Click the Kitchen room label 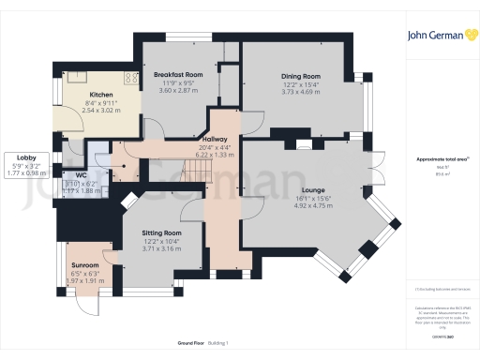click(x=101, y=95)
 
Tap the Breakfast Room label click(x=178, y=74)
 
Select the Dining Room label click(x=301, y=76)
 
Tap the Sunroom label click(x=84, y=265)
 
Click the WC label click(x=82, y=174)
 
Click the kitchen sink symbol click(x=72, y=78)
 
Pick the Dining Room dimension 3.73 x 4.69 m click(x=301, y=91)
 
